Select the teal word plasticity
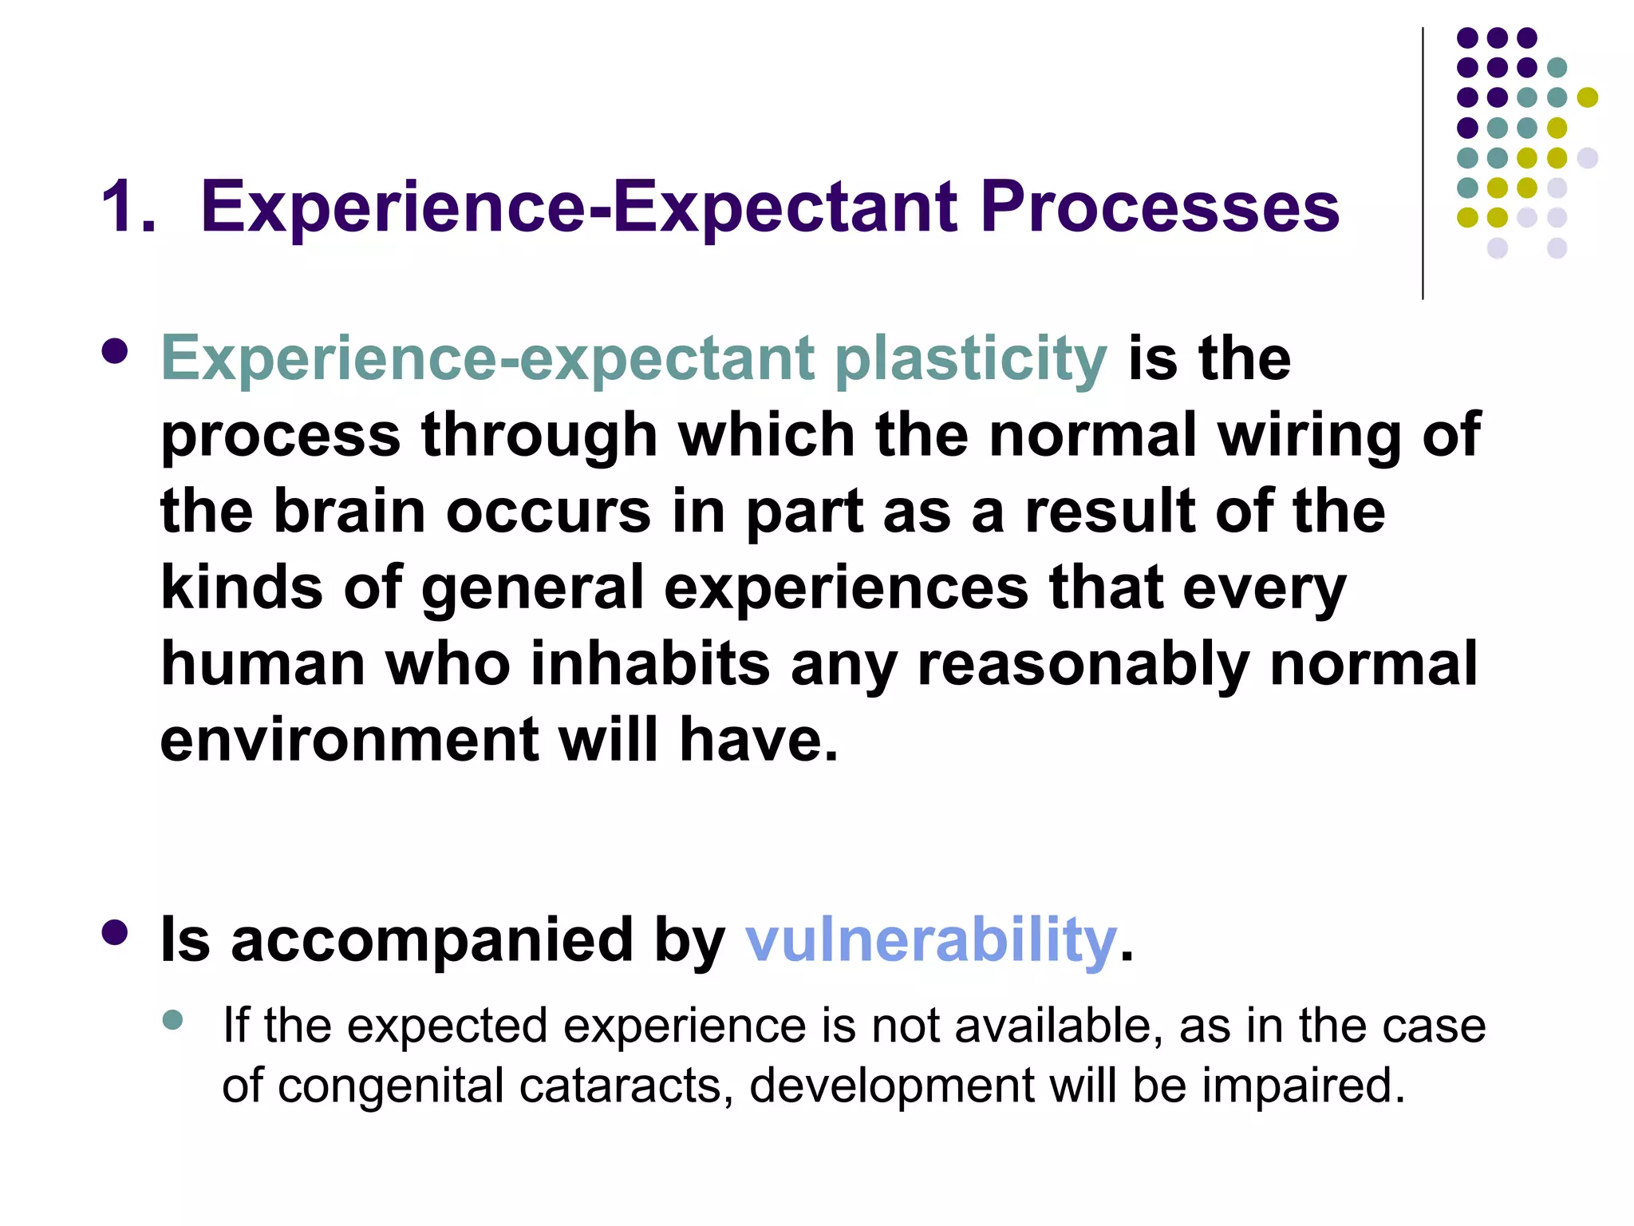pos(970,358)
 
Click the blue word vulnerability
pos(930,939)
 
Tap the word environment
pos(349,740)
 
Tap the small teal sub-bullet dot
pos(172,1019)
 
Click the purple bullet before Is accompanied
pos(115,931)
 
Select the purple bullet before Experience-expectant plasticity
pos(115,351)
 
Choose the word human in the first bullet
pos(262,664)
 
